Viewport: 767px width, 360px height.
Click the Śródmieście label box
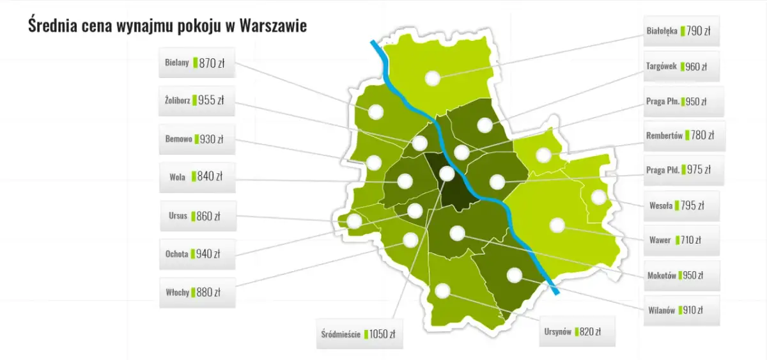click(360, 333)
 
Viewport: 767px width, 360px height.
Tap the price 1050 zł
click(382, 334)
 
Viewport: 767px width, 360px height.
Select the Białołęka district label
click(681, 31)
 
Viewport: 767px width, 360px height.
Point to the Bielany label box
click(197, 63)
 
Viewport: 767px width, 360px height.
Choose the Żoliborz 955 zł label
click(197, 100)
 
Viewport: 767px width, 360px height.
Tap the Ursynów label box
click(577, 331)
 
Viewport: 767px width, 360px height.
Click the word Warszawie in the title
click(271, 26)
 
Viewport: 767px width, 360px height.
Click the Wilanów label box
click(681, 310)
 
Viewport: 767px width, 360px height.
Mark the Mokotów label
click(681, 276)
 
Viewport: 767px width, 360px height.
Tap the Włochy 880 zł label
click(197, 292)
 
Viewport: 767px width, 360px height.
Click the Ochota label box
click(197, 254)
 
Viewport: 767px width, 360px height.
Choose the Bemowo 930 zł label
click(197, 139)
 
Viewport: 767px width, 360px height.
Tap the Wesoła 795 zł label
click(681, 206)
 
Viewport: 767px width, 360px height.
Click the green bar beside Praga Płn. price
click(683, 102)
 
